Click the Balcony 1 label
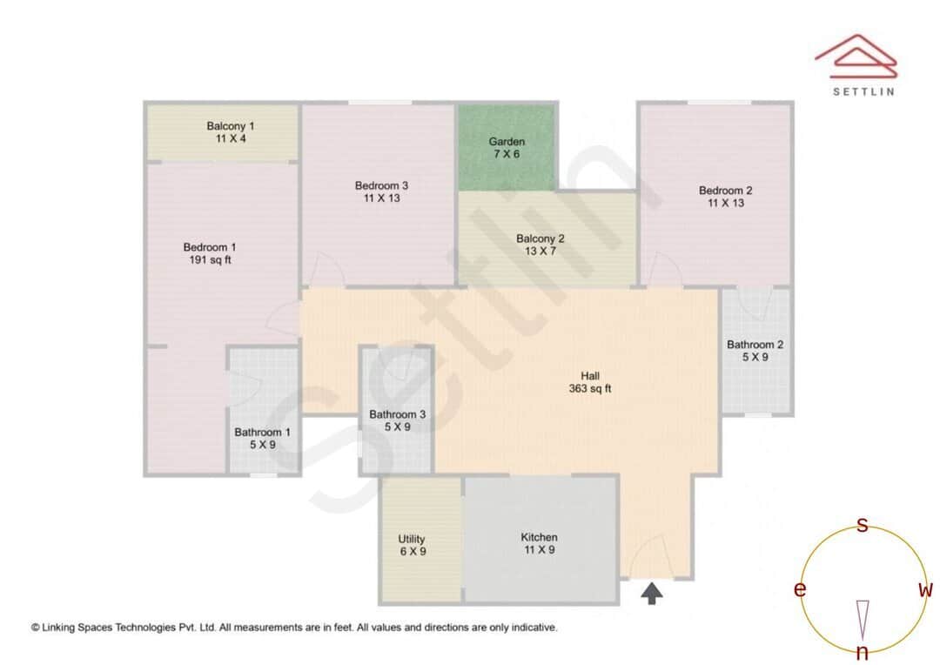[230, 126]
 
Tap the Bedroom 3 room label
[381, 185]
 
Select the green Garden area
[507, 147]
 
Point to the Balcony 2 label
[540, 238]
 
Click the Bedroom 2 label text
[725, 191]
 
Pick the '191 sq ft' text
[210, 260]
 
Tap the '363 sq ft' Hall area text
[589, 389]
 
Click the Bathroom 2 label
[755, 345]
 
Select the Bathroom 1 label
[262, 433]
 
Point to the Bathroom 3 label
[397, 414]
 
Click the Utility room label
[412, 540]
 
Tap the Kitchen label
[539, 537]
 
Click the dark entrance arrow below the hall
[652, 594]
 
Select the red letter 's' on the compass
[863, 525]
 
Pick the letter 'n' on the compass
[863, 653]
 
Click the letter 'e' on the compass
[799, 590]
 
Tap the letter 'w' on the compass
[925, 590]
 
